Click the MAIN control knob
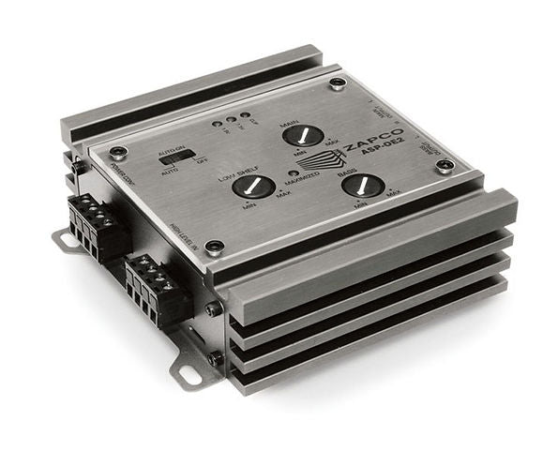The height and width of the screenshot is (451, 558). coord(303,135)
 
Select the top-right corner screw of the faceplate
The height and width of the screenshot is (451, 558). coord(338,83)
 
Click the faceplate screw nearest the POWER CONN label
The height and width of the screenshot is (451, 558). coord(117,152)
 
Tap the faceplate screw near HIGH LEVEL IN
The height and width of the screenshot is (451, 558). coord(215,248)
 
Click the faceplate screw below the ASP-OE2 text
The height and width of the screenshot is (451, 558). coord(445,166)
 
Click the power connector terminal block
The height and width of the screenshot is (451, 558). coord(98,225)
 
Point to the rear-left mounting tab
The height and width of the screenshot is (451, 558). coord(65,241)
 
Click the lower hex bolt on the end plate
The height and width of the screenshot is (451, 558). coord(216,357)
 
